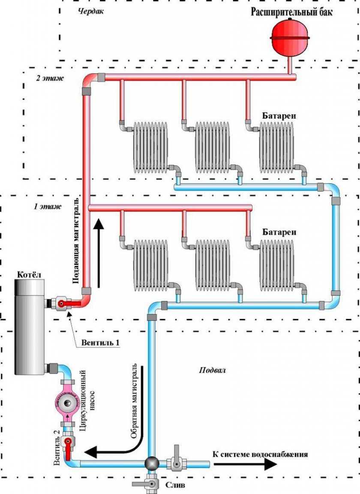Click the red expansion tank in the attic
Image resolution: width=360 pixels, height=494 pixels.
(x=291, y=37)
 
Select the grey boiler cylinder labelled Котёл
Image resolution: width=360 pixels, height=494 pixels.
(x=29, y=326)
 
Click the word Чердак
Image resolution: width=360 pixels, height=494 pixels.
(x=91, y=11)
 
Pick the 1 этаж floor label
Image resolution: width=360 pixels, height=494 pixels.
(x=48, y=207)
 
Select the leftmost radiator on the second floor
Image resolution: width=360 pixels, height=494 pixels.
(x=150, y=145)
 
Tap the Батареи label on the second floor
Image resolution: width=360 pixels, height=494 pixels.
(x=280, y=116)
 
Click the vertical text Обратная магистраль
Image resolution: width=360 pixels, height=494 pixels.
(x=134, y=401)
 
